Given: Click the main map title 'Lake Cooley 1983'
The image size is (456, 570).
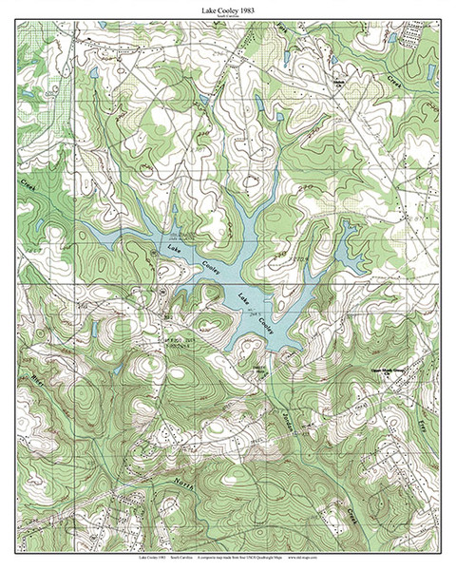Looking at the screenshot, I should click(227, 9).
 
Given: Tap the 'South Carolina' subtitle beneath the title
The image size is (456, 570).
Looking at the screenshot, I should click(227, 18).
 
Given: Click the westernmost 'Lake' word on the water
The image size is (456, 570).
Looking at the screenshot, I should click(174, 250).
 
